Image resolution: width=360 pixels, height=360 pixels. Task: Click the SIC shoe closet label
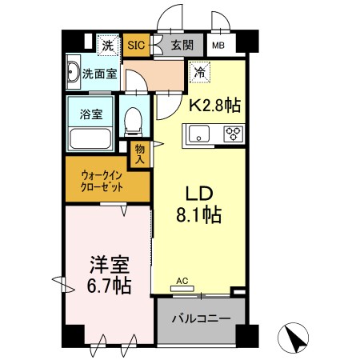click(136, 45)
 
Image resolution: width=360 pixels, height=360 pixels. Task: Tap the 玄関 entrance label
click(182, 45)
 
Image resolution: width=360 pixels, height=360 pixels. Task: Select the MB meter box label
click(218, 46)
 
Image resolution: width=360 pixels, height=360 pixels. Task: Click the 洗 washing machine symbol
click(108, 46)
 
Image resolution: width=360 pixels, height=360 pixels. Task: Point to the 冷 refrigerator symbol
click(200, 72)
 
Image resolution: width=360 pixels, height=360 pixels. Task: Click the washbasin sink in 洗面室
click(73, 72)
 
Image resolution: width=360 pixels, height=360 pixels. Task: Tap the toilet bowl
click(133, 121)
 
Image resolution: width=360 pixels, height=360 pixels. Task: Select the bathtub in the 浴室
click(90, 139)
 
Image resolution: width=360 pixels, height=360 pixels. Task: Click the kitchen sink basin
click(199, 134)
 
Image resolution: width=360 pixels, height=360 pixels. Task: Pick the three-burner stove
click(234, 134)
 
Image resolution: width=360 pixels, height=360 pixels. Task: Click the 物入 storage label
click(140, 154)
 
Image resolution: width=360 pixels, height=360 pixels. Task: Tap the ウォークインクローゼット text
click(102, 182)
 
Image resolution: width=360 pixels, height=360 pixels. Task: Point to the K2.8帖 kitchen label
click(215, 105)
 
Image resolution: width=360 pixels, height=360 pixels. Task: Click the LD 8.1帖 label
click(199, 204)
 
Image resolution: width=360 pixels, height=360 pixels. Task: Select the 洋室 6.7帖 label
click(110, 274)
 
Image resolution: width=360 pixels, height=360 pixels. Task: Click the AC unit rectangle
click(182, 289)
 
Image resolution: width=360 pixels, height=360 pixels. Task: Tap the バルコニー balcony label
click(201, 318)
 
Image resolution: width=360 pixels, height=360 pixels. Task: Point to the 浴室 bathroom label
click(91, 114)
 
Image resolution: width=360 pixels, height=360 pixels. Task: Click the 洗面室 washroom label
click(99, 74)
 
